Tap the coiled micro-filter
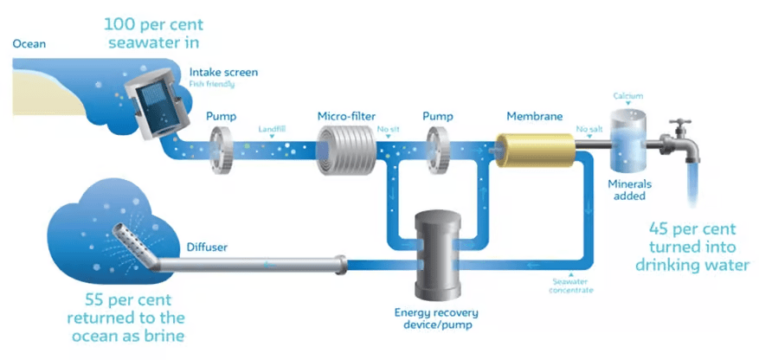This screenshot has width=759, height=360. coord(343,146)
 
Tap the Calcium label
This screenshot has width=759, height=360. coord(628,95)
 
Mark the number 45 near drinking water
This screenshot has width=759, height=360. coord(666,229)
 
